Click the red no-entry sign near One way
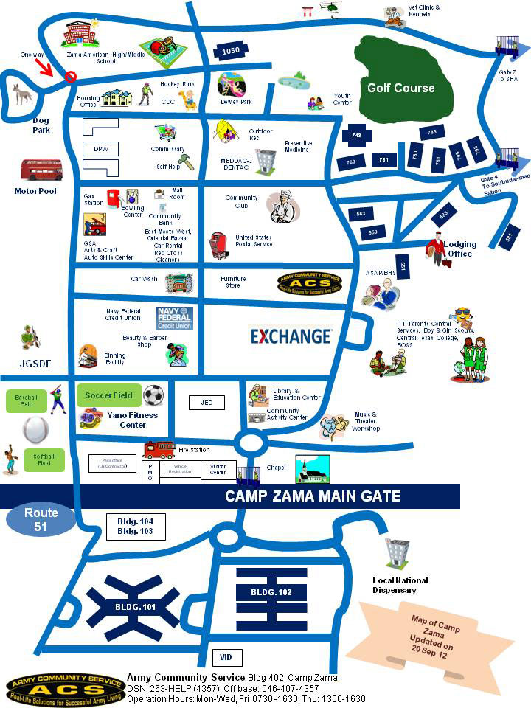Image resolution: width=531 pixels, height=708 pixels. (71, 76)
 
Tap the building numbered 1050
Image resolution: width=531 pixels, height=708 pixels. (231, 50)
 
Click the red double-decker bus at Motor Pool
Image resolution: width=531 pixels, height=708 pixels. (41, 170)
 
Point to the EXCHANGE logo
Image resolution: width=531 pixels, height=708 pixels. (291, 336)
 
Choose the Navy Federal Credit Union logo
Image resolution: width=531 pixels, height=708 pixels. (174, 318)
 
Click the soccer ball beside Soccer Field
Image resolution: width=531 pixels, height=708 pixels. (153, 395)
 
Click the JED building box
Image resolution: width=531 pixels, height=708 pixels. (206, 403)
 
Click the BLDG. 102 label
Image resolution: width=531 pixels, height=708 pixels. (271, 592)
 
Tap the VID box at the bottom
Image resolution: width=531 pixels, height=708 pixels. (226, 656)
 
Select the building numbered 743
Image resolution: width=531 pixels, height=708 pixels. (356, 136)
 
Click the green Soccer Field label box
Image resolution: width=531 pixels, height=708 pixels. (108, 395)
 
